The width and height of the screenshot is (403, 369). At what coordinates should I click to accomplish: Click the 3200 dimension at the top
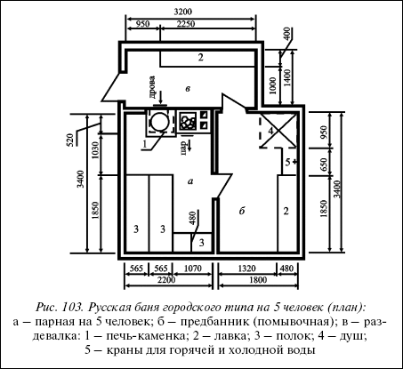click(183, 12)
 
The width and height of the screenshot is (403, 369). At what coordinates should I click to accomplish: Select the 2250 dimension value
click(185, 23)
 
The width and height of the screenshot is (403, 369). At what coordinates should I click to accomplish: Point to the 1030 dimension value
click(95, 150)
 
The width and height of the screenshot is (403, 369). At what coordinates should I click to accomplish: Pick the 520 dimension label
click(69, 140)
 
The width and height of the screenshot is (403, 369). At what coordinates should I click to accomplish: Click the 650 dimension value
click(323, 164)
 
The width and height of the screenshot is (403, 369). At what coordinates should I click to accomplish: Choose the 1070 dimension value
click(192, 269)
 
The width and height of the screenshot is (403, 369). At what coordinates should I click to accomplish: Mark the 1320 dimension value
click(246, 269)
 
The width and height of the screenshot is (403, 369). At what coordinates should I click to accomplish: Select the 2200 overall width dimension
click(166, 280)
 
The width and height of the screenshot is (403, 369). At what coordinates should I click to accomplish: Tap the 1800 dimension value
click(258, 280)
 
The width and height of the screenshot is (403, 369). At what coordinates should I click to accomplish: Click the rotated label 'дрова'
click(151, 87)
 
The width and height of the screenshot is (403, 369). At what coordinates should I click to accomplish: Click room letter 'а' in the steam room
click(190, 181)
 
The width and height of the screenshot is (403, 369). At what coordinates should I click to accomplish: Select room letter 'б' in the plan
click(242, 211)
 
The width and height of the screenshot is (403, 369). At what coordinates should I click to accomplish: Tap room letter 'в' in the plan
click(188, 89)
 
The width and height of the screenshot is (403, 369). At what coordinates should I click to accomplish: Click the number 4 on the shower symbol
click(270, 131)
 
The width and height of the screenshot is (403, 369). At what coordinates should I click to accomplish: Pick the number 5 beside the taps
click(287, 162)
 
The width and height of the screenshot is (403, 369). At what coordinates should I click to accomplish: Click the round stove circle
click(159, 122)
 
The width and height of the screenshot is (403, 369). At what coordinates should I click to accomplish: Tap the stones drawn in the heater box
click(188, 121)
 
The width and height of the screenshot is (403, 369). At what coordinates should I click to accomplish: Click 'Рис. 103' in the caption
click(59, 307)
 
